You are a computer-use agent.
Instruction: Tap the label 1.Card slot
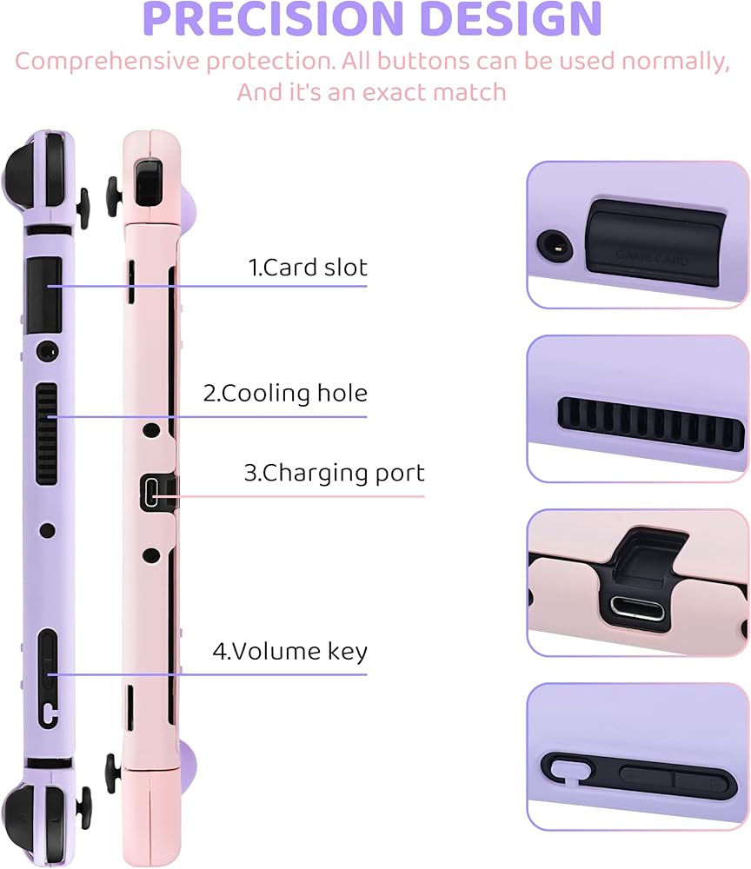(309, 268)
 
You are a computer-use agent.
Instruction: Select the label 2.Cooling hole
(285, 393)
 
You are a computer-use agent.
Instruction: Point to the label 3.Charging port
(334, 474)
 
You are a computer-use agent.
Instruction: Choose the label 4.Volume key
(290, 651)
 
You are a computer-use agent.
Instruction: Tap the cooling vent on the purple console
(46, 433)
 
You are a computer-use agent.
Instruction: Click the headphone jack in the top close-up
(553, 245)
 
